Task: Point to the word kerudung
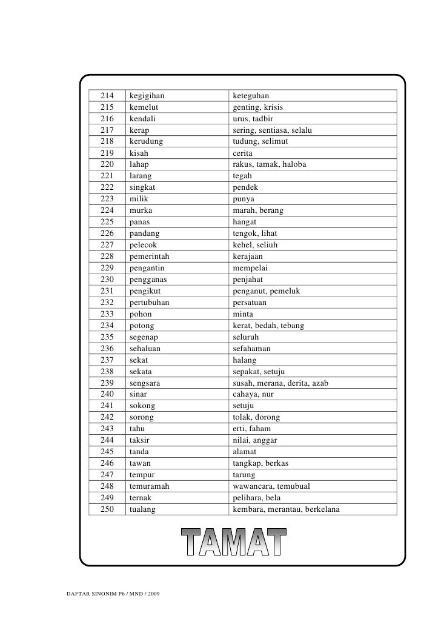[x=146, y=141]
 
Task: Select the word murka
[x=141, y=210]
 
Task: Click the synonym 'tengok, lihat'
[x=259, y=233]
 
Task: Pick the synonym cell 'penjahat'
[x=249, y=280]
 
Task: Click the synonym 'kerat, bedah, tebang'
[x=269, y=326]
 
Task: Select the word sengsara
[x=145, y=383]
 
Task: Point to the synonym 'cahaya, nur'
[x=253, y=394]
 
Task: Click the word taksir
[x=141, y=441]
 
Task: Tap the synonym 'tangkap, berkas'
[x=260, y=463]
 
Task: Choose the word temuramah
[x=149, y=486]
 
